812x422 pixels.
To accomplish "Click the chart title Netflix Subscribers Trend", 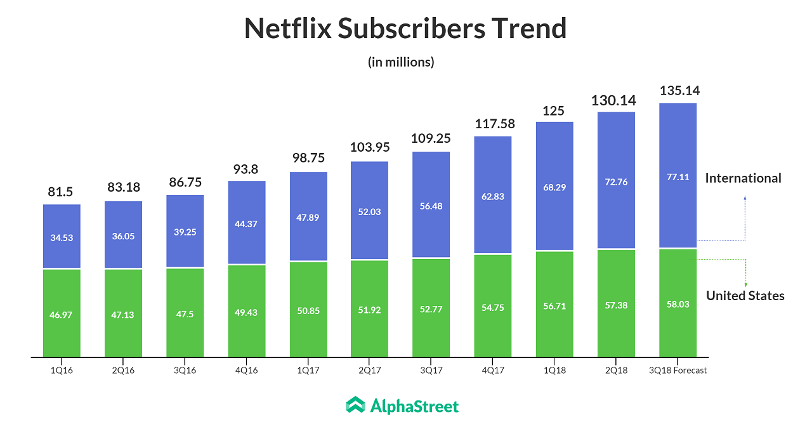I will [405, 29].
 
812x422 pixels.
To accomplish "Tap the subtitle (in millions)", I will [401, 62].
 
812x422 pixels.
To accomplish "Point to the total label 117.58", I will [495, 124].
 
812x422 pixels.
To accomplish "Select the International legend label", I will [743, 178].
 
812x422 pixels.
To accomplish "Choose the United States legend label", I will [745, 296].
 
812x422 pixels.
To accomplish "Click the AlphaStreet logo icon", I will [355, 406].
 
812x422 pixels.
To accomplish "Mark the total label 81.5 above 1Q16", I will [62, 192].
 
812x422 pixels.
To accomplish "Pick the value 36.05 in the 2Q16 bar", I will [123, 236].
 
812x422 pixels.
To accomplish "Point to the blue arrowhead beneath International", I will [745, 199].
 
